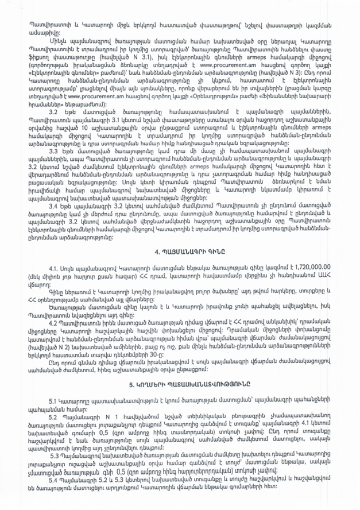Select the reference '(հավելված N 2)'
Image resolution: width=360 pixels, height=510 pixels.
46,365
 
